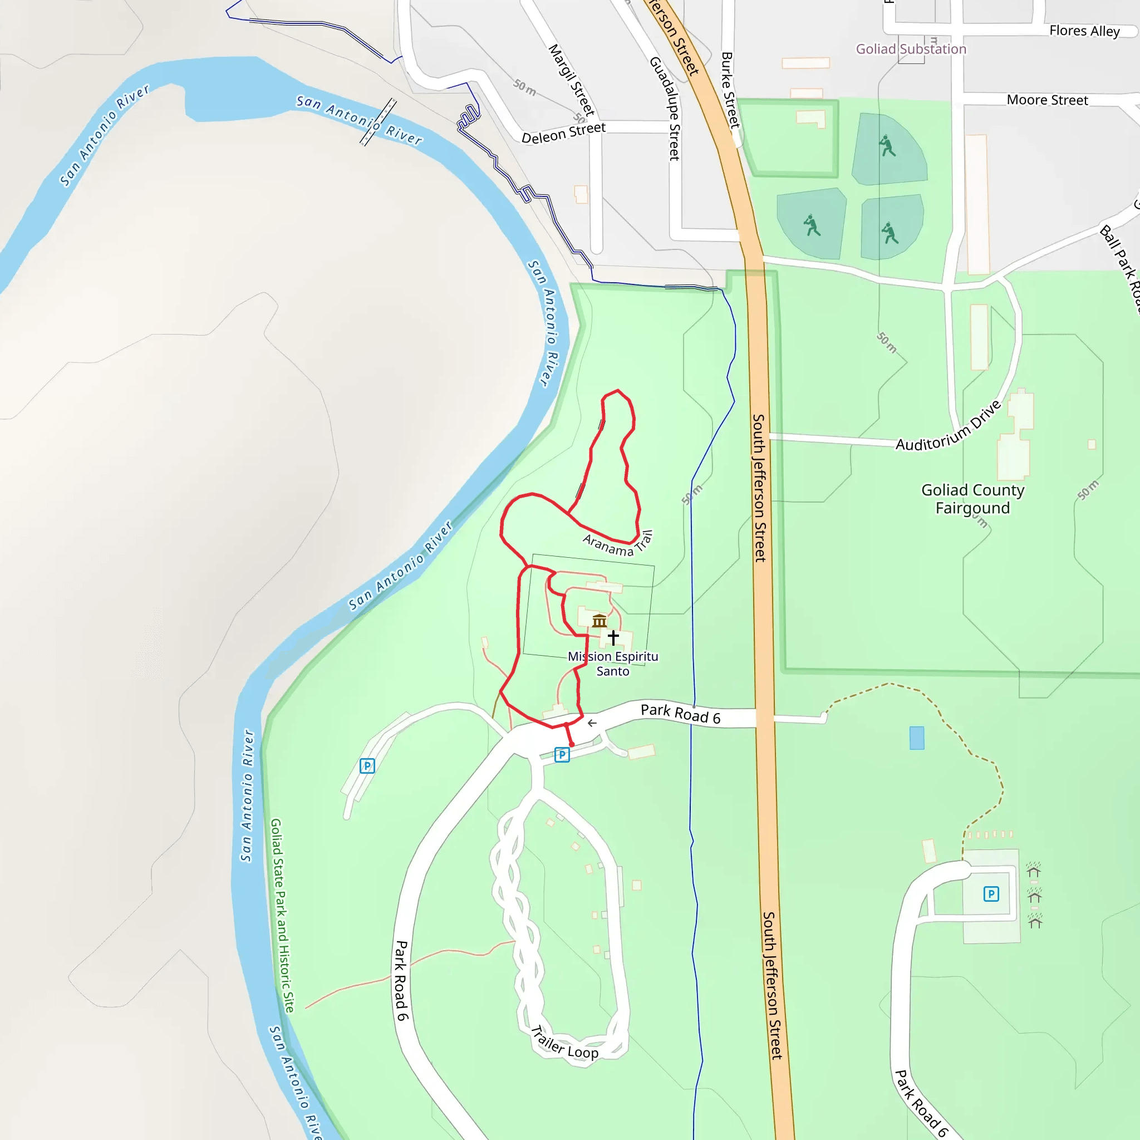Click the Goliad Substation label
911,49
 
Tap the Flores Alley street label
1084,31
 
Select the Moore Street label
1047,100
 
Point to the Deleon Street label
563,133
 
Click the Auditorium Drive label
948,426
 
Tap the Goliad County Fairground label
972,499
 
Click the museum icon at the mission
600,621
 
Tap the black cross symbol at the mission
613,637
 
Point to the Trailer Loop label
564,1044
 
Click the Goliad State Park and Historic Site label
282,915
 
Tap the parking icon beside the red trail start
562,754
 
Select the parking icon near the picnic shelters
991,894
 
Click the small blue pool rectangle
916,738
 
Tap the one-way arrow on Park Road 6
592,723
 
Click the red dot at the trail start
571,745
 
